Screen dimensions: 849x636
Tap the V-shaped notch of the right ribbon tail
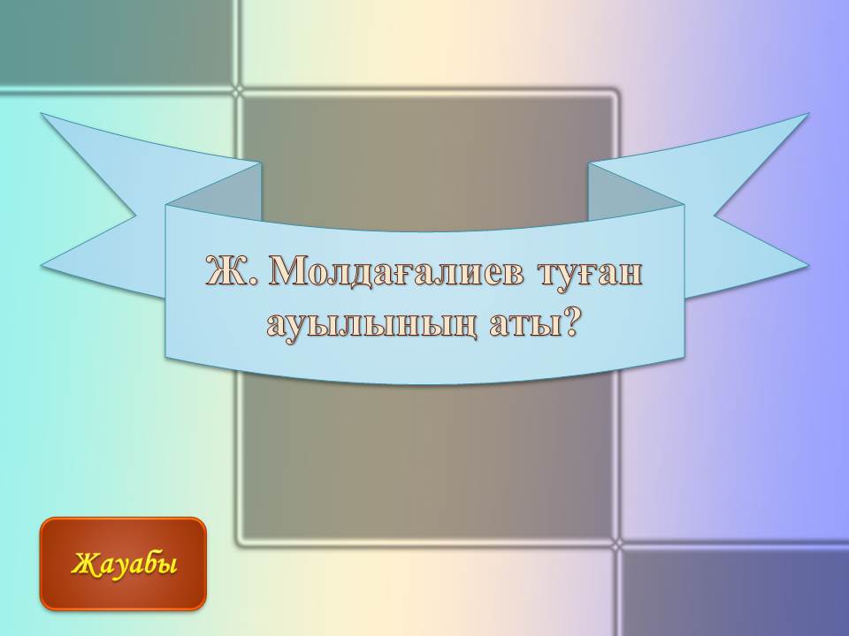click(x=715, y=216)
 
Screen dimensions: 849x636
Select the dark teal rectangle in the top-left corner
click(x=118, y=42)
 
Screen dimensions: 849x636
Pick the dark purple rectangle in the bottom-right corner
click(x=735, y=593)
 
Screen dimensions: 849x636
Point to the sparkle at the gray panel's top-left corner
click(x=237, y=92)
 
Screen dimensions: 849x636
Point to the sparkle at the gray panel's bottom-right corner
click(x=618, y=545)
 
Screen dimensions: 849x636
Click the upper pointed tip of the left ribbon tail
click(x=42, y=114)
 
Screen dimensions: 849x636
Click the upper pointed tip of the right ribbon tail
click(x=808, y=114)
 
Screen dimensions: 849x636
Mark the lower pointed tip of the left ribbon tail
click(x=42, y=266)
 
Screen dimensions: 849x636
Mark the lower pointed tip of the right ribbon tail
click(x=808, y=266)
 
